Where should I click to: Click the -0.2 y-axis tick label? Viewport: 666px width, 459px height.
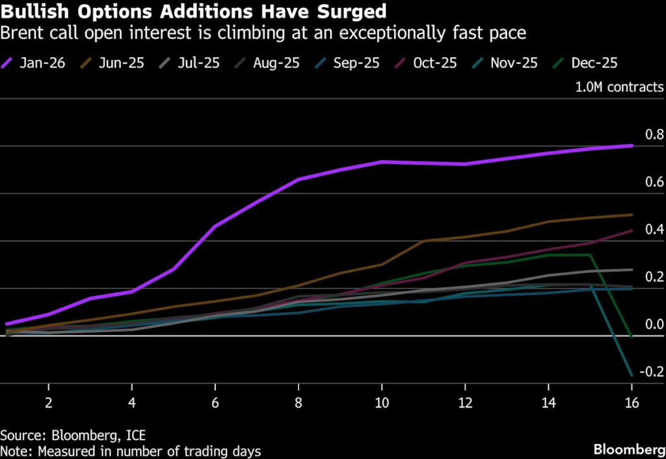[650, 372]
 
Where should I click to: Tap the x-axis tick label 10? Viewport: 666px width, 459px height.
[382, 402]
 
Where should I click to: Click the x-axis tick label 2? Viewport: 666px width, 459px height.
[48, 402]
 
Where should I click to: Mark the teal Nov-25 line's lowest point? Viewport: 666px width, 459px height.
[632, 375]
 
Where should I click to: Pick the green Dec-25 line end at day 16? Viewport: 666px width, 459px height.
[632, 337]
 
